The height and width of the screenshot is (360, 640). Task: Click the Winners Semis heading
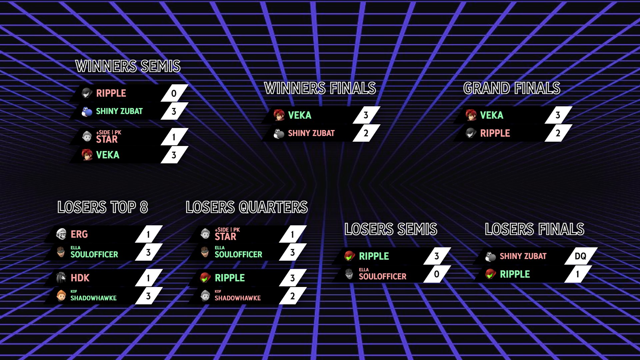pyautogui.click(x=128, y=66)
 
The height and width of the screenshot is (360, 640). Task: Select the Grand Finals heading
pyautogui.click(x=512, y=88)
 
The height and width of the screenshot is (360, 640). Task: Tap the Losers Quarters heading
pyautogui.click(x=247, y=207)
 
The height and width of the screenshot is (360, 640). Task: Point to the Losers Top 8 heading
pyautogui.click(x=103, y=207)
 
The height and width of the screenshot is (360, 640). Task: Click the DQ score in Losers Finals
pyautogui.click(x=580, y=256)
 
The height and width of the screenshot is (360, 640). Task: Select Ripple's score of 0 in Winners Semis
pyautogui.click(x=174, y=93)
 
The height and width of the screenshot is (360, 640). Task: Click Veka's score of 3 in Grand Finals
pyautogui.click(x=558, y=115)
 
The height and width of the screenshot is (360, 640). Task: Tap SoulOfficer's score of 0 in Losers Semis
pyautogui.click(x=437, y=274)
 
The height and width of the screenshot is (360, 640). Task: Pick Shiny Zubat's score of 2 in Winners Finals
pyautogui.click(x=366, y=133)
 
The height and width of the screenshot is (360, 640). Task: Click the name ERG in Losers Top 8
pyautogui.click(x=79, y=234)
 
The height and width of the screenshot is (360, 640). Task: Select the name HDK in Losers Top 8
pyautogui.click(x=80, y=278)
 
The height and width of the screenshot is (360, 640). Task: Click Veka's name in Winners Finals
pyautogui.click(x=300, y=115)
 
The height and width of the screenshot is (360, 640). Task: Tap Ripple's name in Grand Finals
pyautogui.click(x=495, y=133)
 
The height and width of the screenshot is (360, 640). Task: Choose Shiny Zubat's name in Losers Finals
pyautogui.click(x=523, y=256)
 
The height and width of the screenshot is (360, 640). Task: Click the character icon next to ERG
pyautogui.click(x=61, y=234)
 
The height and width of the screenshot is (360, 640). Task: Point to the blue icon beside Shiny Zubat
pyautogui.click(x=87, y=111)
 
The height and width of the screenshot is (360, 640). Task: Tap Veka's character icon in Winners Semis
pyautogui.click(x=87, y=155)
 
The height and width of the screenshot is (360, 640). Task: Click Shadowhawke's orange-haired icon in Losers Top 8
pyautogui.click(x=61, y=296)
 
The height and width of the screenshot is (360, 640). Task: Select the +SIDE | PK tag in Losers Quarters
pyautogui.click(x=227, y=230)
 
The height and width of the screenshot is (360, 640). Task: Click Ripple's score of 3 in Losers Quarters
pyautogui.click(x=292, y=278)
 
